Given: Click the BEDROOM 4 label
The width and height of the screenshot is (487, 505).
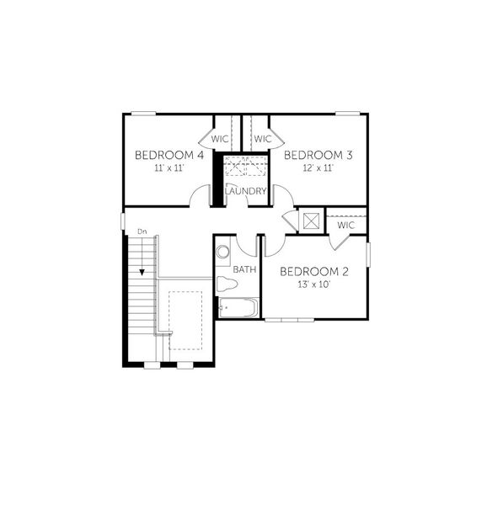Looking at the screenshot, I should pyautogui.click(x=170, y=156).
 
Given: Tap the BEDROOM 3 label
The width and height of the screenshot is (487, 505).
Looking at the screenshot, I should pyautogui.click(x=318, y=156).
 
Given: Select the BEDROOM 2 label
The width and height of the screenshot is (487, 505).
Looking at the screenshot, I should pyautogui.click(x=313, y=271).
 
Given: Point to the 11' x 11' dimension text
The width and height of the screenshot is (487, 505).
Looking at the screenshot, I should pyautogui.click(x=169, y=168).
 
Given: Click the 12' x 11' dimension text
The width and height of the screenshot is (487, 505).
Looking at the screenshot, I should pyautogui.click(x=318, y=168).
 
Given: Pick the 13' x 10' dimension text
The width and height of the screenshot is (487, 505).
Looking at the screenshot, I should pyautogui.click(x=313, y=284).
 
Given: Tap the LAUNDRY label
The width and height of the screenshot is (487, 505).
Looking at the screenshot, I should pyautogui.click(x=246, y=192).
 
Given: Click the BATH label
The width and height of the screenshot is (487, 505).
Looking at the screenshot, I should pyautogui.click(x=244, y=270).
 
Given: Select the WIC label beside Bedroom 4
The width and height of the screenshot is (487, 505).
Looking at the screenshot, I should pyautogui.click(x=221, y=138).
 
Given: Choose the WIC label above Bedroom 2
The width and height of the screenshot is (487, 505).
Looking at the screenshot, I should pyautogui.click(x=346, y=226).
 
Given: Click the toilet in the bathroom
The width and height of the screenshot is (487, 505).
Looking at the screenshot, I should pyautogui.click(x=225, y=284).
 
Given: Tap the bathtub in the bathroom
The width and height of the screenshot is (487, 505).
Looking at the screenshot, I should pyautogui.click(x=238, y=308).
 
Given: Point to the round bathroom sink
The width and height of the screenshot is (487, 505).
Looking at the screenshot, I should pyautogui.click(x=223, y=252).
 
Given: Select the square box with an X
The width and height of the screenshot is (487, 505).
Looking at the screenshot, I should pyautogui.click(x=311, y=221).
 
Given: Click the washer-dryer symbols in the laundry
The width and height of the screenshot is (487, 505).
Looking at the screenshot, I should pyautogui.click(x=246, y=165).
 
